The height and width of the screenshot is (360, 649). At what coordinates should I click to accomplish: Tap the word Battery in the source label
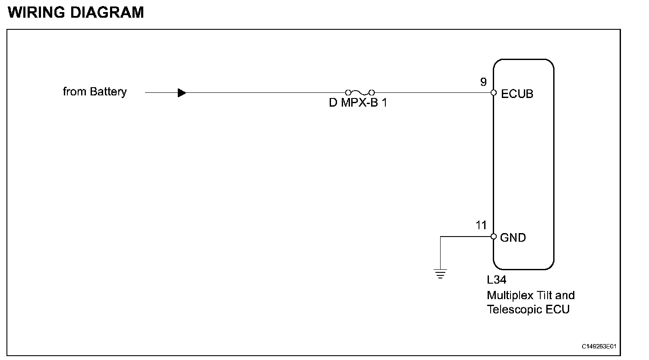point(108,92)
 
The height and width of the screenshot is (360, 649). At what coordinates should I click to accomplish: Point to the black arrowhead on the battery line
point(182,92)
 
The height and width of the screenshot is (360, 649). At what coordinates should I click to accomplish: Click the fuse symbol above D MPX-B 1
point(359,92)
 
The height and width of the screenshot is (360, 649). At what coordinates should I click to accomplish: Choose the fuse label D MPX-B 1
point(358,104)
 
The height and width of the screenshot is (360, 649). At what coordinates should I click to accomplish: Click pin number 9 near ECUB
point(483,82)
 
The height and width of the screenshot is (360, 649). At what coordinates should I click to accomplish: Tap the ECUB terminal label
point(517,94)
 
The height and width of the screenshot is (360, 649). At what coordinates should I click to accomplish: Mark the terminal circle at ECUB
point(494,92)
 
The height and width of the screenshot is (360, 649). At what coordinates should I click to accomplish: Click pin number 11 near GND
point(481,225)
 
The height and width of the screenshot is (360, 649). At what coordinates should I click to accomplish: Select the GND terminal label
point(513,237)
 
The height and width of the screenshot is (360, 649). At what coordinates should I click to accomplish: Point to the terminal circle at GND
point(494,237)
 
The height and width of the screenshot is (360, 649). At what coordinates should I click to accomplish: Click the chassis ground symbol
point(440,274)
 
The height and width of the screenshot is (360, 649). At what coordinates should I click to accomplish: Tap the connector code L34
point(497,280)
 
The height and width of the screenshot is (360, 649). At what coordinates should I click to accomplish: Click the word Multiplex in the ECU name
point(510,296)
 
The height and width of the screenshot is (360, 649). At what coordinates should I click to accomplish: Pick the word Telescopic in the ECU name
point(514,309)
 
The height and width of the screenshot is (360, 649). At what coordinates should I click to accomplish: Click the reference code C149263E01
point(599,347)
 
